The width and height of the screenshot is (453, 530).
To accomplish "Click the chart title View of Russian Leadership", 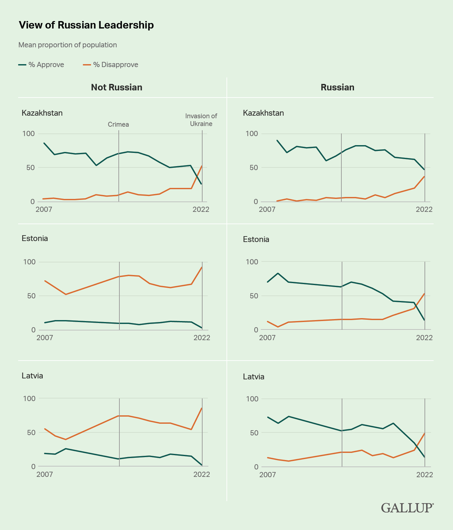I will coord(86,25).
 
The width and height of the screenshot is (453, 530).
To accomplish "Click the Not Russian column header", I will coord(116,87).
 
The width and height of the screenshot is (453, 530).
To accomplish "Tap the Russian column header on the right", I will coord(337,87).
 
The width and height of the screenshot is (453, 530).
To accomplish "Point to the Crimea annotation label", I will coord(118,124).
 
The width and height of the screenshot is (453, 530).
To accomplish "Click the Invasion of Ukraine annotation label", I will coord(201,120).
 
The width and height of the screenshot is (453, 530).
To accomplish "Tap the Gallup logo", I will coord(407,508).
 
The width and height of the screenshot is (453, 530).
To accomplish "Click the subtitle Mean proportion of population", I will coord(68,45).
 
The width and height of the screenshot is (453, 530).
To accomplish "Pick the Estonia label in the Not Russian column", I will coord(35,238).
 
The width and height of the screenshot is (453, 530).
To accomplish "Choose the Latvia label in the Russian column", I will coord(254,377).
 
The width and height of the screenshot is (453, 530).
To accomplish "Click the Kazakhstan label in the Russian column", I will coord(263,113).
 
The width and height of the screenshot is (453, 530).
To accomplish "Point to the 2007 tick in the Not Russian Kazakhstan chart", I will coord(44,209).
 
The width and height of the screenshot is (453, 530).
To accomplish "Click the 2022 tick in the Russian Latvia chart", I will coord(425,475).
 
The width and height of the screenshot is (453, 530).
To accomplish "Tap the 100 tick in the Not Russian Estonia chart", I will coord(29,262).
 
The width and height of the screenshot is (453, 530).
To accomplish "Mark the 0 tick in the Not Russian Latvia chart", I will coord(33,467).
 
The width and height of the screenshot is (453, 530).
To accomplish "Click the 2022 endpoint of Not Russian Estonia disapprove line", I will coord(202,267).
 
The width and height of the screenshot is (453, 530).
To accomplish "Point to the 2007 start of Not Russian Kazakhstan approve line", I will coord(44,143).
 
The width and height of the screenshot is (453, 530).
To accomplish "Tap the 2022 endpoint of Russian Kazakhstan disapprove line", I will coord(425,176).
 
